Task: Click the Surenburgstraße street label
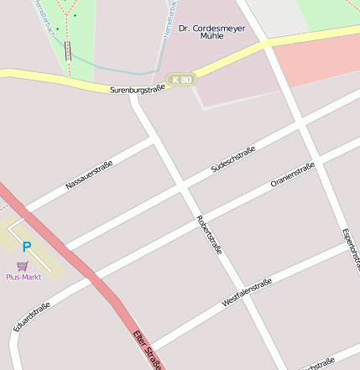pos(137,88)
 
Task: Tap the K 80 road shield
pos(180,80)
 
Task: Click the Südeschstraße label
pos(232,159)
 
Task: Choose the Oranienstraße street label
pos(292,175)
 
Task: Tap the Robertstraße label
pos(209,234)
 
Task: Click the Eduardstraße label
pos(32,316)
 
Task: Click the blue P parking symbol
pos(26,248)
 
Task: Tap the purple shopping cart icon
pos(23,265)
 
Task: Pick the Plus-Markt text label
pos(23,277)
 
